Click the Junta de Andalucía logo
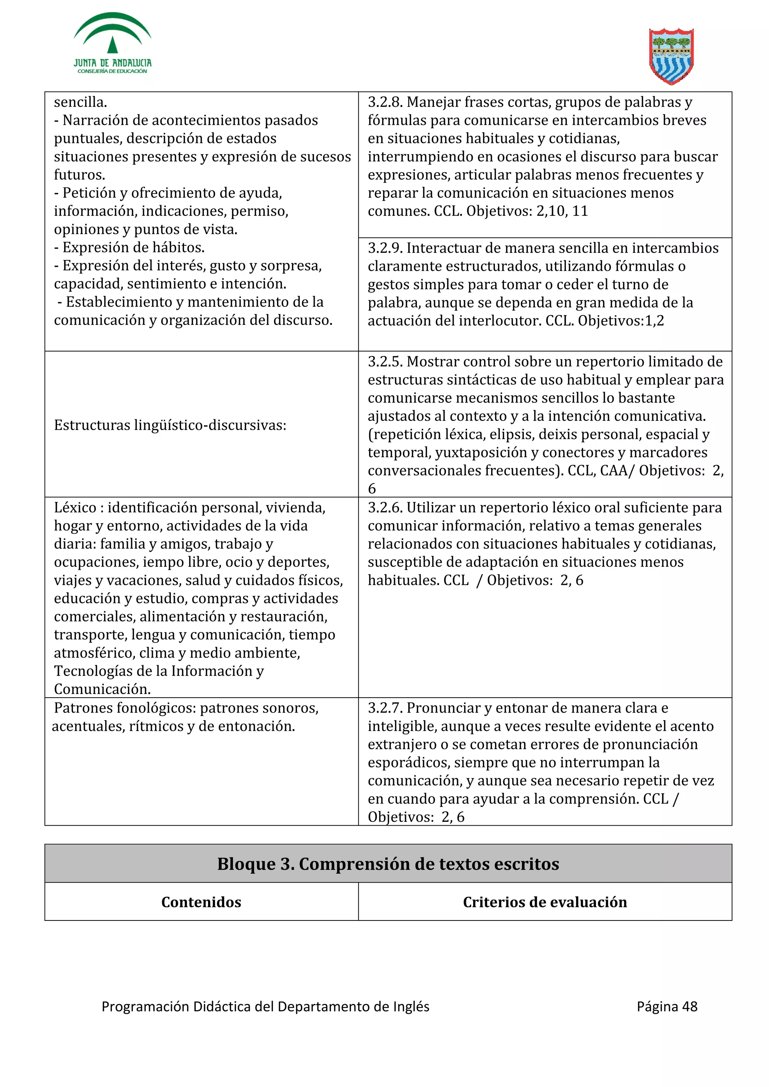112,44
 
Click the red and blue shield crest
671,56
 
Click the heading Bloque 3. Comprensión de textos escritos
388,864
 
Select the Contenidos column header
201,902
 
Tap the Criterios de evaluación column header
545,902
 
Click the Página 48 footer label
666,1006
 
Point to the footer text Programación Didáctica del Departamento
265,1006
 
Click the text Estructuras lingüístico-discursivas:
170,425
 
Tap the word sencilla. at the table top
80,102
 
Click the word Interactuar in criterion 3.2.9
443,248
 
